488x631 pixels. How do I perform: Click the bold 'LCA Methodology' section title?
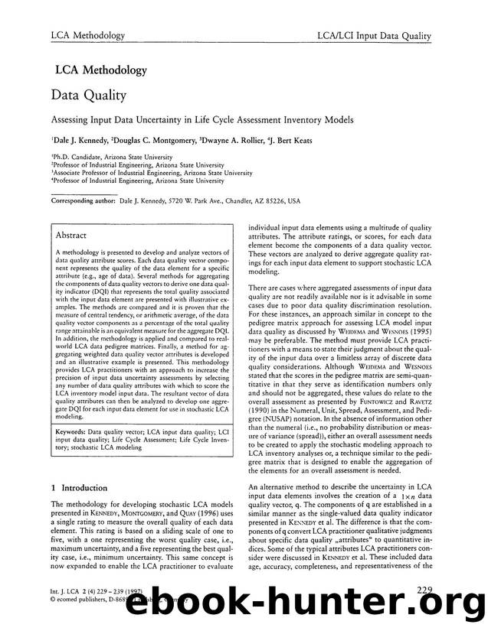(100, 70)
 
